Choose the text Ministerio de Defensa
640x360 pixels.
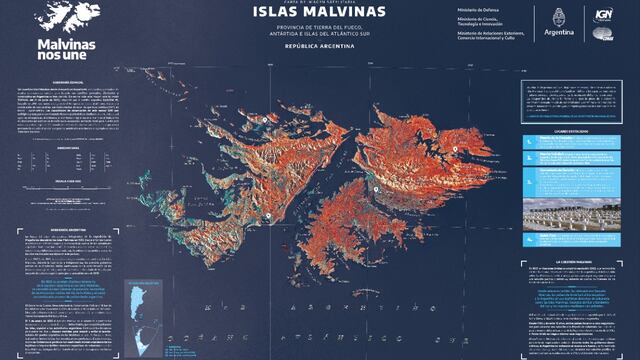(x=471, y=10)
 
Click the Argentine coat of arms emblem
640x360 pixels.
(x=558, y=17)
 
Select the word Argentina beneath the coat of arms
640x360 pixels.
(x=558, y=32)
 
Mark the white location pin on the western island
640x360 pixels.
(x=266, y=119)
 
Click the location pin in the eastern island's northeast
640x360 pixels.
(x=454, y=149)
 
